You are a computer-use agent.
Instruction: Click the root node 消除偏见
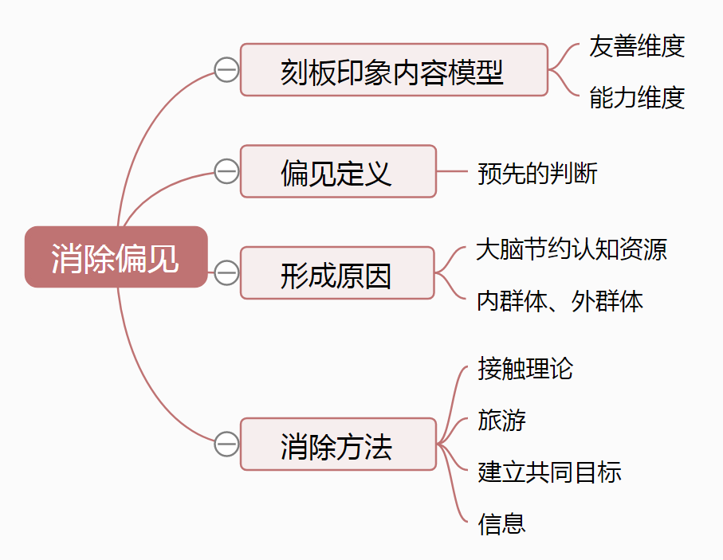tap(116, 257)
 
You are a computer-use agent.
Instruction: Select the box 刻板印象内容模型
tap(394, 70)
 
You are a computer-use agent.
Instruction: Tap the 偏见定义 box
tap(338, 171)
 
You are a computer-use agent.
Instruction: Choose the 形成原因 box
tap(337, 273)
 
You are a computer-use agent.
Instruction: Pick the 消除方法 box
tap(337, 444)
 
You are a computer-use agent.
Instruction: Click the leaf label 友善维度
tap(637, 46)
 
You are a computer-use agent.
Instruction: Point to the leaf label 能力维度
tap(637, 97)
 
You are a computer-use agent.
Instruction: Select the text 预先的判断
tap(537, 173)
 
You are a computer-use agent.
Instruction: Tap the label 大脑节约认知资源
tap(572, 249)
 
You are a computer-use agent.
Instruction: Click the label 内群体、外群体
tap(560, 300)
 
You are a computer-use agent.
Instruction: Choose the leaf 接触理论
tap(525, 368)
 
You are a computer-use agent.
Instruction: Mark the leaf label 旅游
tap(502, 420)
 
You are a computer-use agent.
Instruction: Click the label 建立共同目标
tap(549, 472)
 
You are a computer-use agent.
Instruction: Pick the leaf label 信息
tap(502, 523)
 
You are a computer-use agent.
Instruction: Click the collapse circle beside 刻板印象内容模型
tap(226, 70)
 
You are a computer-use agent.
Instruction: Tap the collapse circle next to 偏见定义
tap(226, 171)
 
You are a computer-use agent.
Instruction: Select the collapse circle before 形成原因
tap(226, 273)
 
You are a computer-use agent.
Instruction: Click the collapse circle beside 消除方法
tap(226, 444)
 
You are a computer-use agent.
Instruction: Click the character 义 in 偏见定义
tap(379, 172)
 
